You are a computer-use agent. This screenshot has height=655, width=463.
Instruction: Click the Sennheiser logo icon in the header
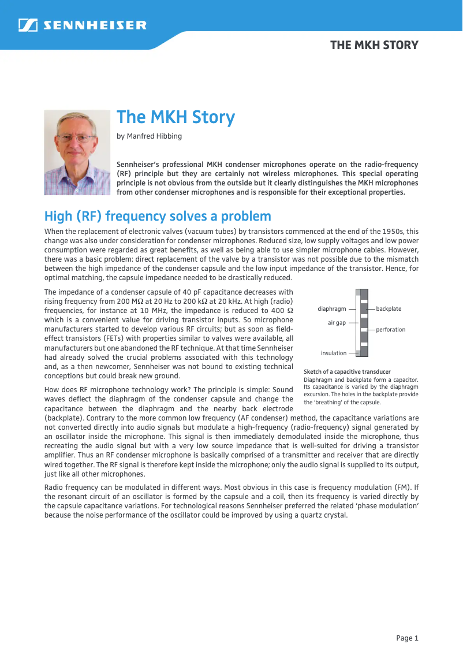pyautogui.click(x=28, y=25)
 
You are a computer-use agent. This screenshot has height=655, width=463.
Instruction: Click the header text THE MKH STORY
pyautogui.click(x=374, y=45)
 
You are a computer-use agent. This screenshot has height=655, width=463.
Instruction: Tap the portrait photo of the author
pyautogui.click(x=77, y=152)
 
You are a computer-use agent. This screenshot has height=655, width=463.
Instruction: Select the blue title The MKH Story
pyautogui.click(x=176, y=117)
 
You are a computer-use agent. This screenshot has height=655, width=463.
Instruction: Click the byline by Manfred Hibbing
pyautogui.click(x=149, y=136)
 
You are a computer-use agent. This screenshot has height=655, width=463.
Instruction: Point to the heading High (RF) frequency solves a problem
pyautogui.click(x=158, y=217)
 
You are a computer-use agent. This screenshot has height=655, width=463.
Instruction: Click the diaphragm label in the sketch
pyautogui.click(x=332, y=309)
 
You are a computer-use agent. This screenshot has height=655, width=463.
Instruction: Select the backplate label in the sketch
pyautogui.click(x=389, y=309)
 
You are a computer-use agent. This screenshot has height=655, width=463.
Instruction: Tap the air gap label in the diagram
pyautogui.click(x=337, y=322)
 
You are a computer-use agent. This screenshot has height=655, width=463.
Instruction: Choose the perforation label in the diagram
pyautogui.click(x=391, y=329)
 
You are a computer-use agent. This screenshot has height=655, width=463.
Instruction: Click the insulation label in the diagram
pyautogui.click(x=334, y=353)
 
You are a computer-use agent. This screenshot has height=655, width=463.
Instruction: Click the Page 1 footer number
pyautogui.click(x=407, y=638)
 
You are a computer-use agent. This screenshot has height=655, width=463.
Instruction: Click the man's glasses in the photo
pyautogui.click(x=76, y=139)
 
